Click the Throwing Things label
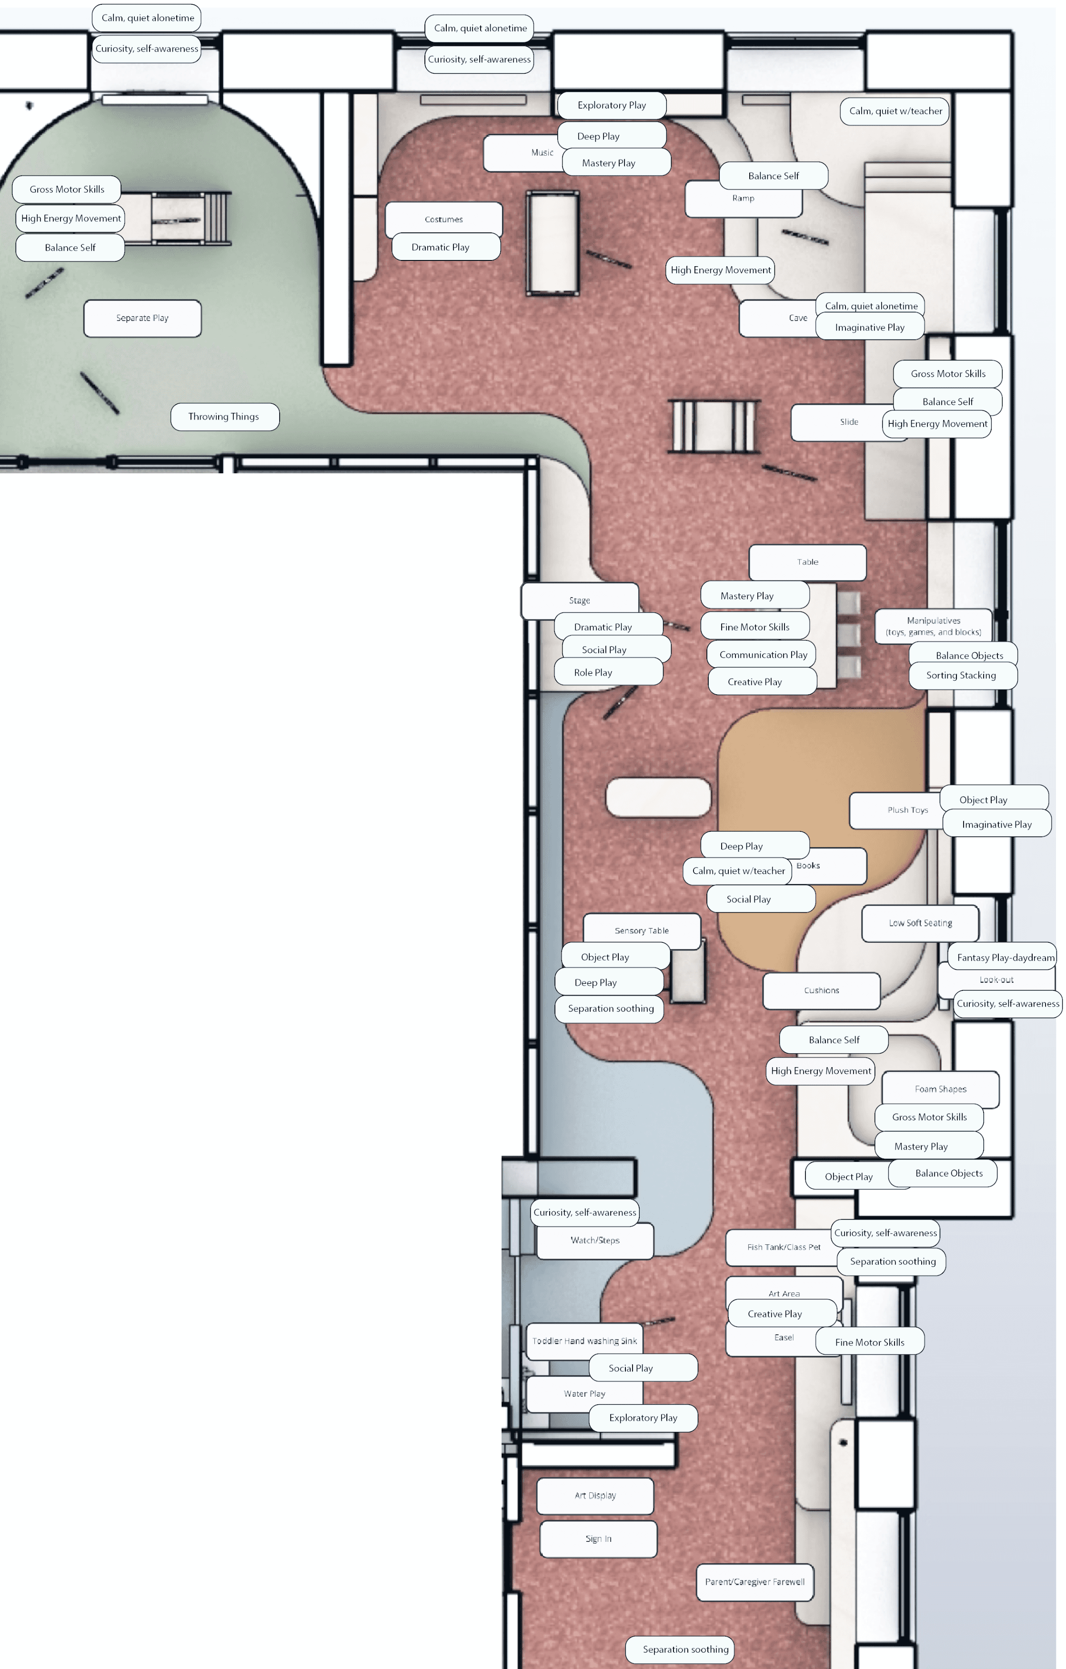click(x=224, y=417)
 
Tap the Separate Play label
click(x=142, y=318)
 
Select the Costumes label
click(x=443, y=219)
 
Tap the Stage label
click(x=579, y=600)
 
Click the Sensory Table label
click(x=642, y=931)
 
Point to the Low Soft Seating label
click(x=920, y=923)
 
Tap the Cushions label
click(x=821, y=990)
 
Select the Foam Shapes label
click(x=941, y=1089)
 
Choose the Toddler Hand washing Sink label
click(x=584, y=1341)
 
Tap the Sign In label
click(x=598, y=1539)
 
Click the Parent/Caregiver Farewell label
click(x=755, y=1582)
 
